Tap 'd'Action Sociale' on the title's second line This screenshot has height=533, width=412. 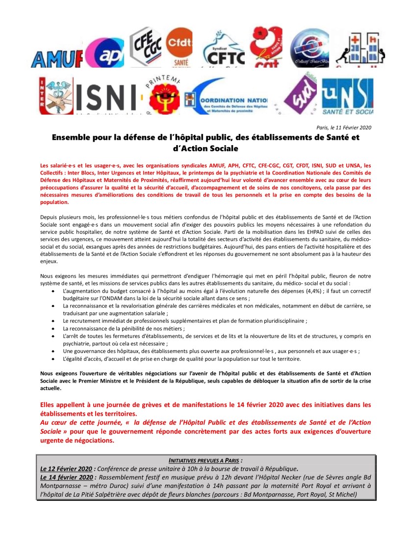(x=206, y=148)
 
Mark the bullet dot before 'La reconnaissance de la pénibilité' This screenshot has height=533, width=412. (x=53, y=329)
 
